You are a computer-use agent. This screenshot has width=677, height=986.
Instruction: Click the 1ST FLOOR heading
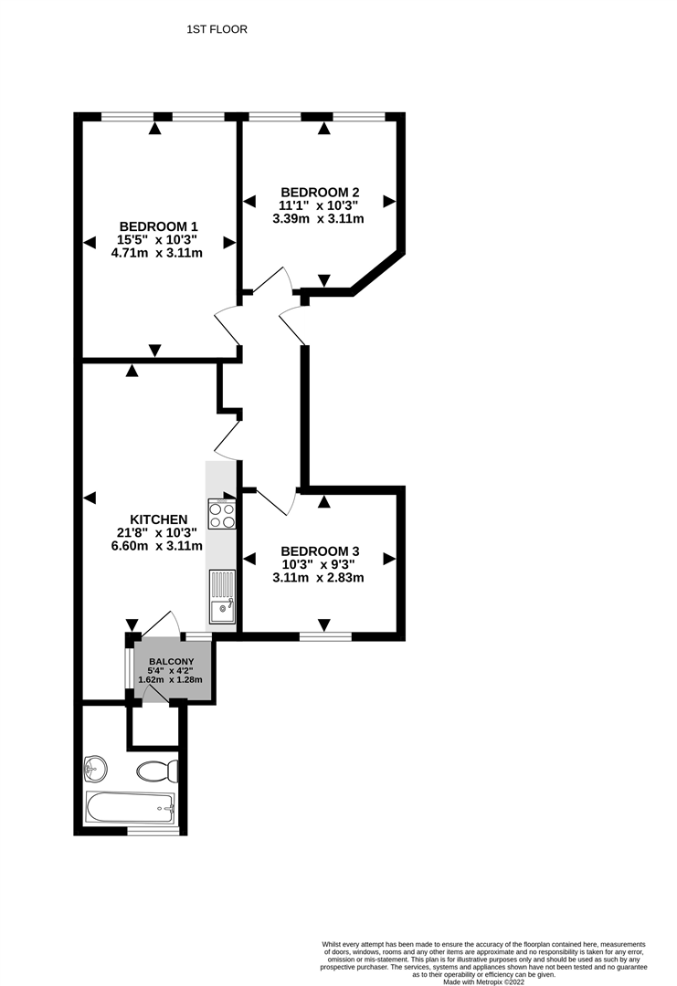coord(217,29)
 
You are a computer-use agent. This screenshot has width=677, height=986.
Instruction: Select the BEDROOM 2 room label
coord(320,193)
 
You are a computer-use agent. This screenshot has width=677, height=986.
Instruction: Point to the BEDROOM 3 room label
coord(320,551)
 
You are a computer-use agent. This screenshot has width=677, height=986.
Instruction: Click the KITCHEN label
coord(159,519)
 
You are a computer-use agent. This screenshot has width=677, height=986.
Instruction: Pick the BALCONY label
coord(171,662)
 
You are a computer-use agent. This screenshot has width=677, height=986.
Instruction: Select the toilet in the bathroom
coord(157,771)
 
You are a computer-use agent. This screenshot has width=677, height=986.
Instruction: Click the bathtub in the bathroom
coord(131,807)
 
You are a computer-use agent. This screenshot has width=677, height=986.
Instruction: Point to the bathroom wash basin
coord(96,767)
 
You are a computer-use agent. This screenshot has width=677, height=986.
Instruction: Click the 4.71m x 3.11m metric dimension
coord(156,253)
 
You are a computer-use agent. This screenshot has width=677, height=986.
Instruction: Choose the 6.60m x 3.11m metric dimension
coord(156,546)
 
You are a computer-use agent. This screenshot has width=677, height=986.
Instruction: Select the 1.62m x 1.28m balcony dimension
coord(170,680)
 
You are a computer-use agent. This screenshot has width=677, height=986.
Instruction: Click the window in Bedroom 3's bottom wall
coord(325,637)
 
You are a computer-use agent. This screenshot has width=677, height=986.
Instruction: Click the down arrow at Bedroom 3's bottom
coord(324,625)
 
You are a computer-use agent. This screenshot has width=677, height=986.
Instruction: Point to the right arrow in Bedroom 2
coord(389,201)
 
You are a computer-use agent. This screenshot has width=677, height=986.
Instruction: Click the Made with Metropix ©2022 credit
coord(483,981)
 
